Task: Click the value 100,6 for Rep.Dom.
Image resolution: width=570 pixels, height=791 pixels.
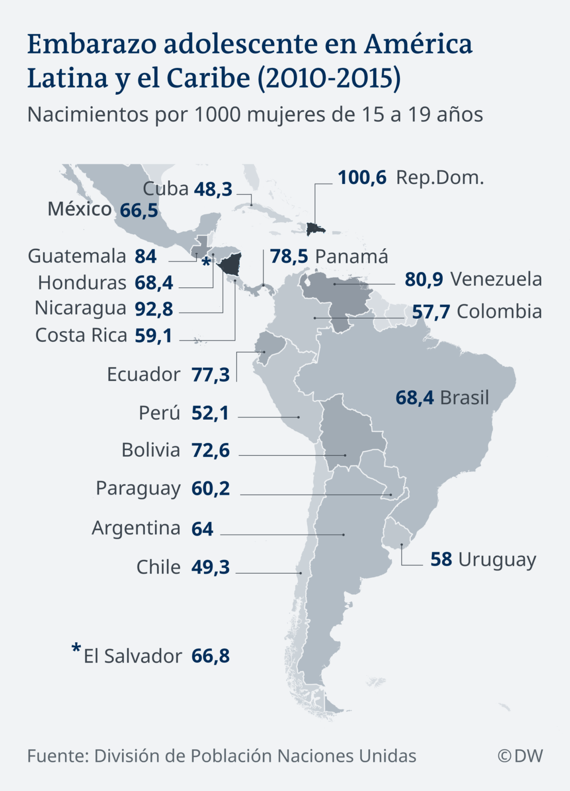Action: tap(362, 178)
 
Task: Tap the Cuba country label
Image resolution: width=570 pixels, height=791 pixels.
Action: tap(165, 189)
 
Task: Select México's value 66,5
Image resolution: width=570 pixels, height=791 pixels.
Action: tap(139, 211)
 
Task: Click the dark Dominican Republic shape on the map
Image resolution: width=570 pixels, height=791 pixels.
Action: tap(314, 228)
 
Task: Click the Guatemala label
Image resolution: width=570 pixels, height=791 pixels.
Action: tap(77, 256)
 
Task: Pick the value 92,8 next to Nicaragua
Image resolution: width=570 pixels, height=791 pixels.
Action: tap(154, 309)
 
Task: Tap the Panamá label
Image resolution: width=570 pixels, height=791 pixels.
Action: tap(351, 256)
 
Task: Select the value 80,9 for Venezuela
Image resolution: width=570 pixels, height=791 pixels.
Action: tap(424, 279)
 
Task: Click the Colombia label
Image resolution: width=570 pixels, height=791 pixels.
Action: tap(499, 312)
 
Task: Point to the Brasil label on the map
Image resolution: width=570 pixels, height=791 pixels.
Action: tap(464, 398)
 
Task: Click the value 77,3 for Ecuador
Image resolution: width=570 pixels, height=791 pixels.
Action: tap(210, 375)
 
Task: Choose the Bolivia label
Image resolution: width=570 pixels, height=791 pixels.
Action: tap(150, 450)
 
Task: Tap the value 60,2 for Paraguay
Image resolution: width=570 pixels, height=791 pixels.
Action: tap(210, 488)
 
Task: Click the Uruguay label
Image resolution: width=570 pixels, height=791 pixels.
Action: tap(497, 559)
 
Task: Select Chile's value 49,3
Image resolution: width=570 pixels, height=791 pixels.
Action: tap(210, 567)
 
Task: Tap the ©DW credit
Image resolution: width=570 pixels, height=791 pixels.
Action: tap(520, 756)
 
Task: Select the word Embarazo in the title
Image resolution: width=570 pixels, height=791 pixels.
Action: tap(92, 44)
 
